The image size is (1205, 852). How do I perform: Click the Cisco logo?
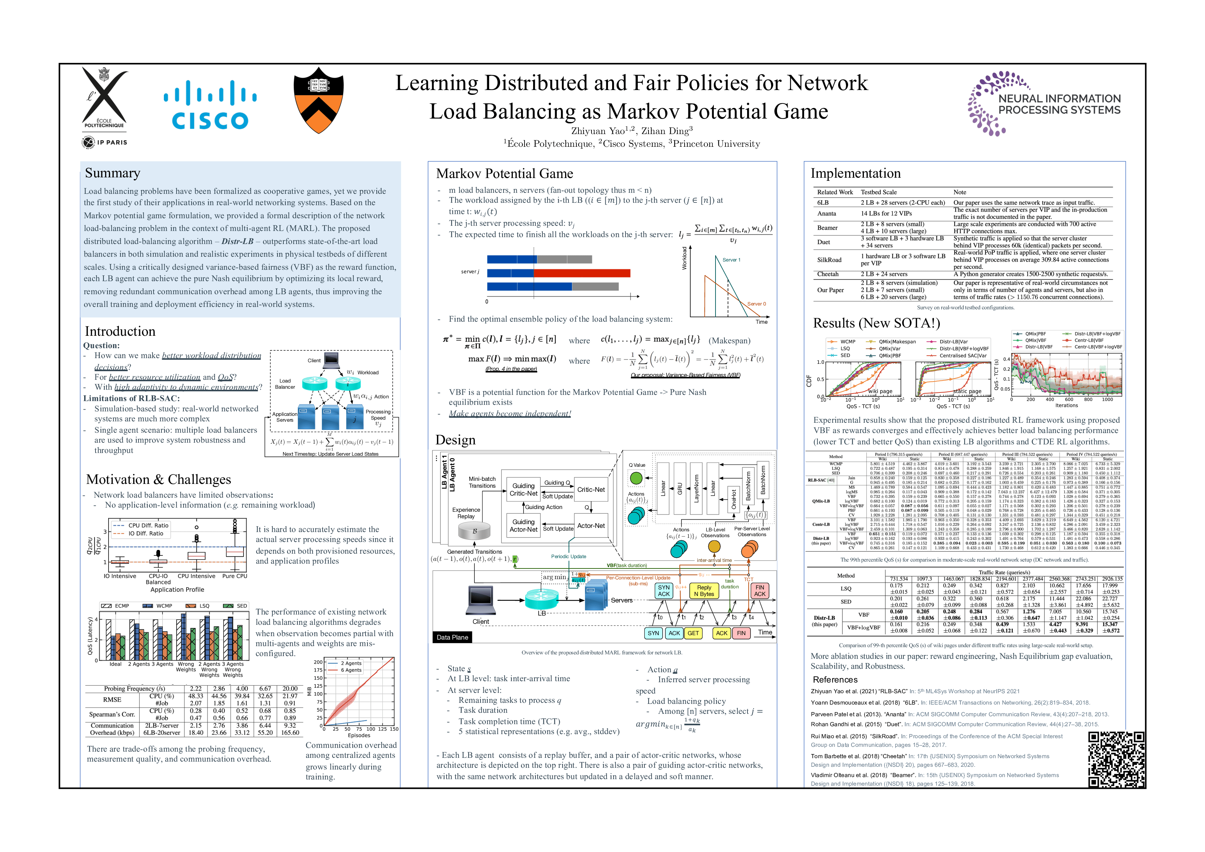pyautogui.click(x=210, y=104)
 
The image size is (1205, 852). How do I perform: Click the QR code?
pyautogui.click(x=1116, y=759)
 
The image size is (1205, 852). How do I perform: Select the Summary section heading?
pyautogui.click(x=112, y=173)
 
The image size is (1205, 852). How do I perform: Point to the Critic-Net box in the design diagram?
pyautogui.click(x=591, y=490)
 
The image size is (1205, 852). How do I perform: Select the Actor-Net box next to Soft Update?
pyautogui.click(x=591, y=525)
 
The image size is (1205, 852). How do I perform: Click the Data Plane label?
pyautogui.click(x=452, y=637)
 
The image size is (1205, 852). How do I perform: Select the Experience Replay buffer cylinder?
pyautogui.click(x=474, y=531)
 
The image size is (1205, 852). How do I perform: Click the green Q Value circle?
pyautogui.click(x=636, y=478)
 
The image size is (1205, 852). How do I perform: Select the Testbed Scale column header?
pyautogui.click(x=879, y=192)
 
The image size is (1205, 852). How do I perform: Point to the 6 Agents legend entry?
pyautogui.click(x=351, y=671)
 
